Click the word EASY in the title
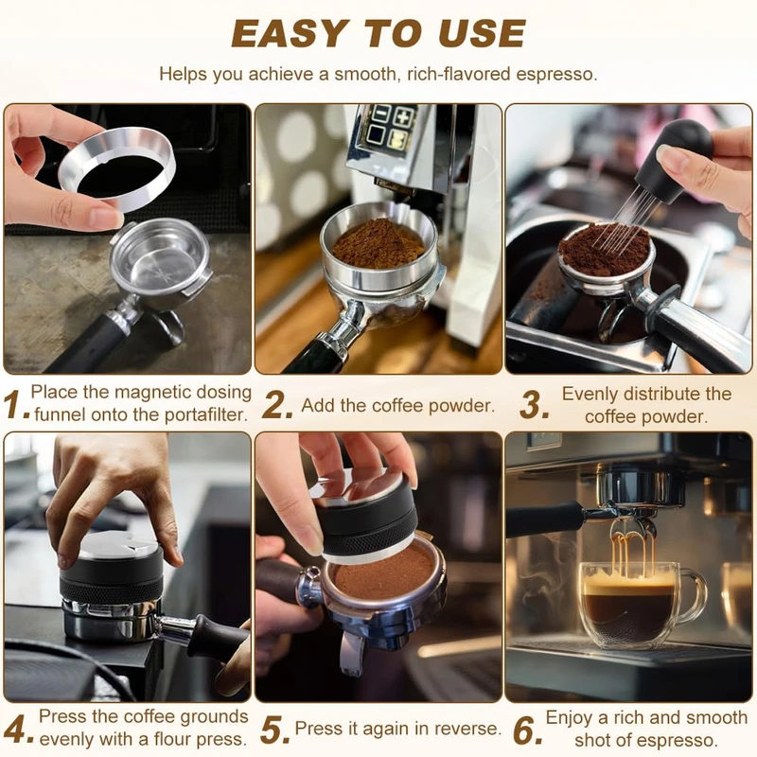(x=289, y=34)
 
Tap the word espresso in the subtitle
(x=556, y=75)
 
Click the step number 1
(x=15, y=405)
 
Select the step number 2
(x=277, y=405)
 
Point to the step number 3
(x=535, y=405)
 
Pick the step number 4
(x=18, y=730)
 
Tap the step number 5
(x=274, y=730)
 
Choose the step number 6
(x=528, y=730)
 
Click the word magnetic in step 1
(x=152, y=393)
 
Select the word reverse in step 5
(x=467, y=728)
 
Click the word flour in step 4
(x=174, y=739)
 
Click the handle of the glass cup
(x=695, y=599)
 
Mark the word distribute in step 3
(x=660, y=394)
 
